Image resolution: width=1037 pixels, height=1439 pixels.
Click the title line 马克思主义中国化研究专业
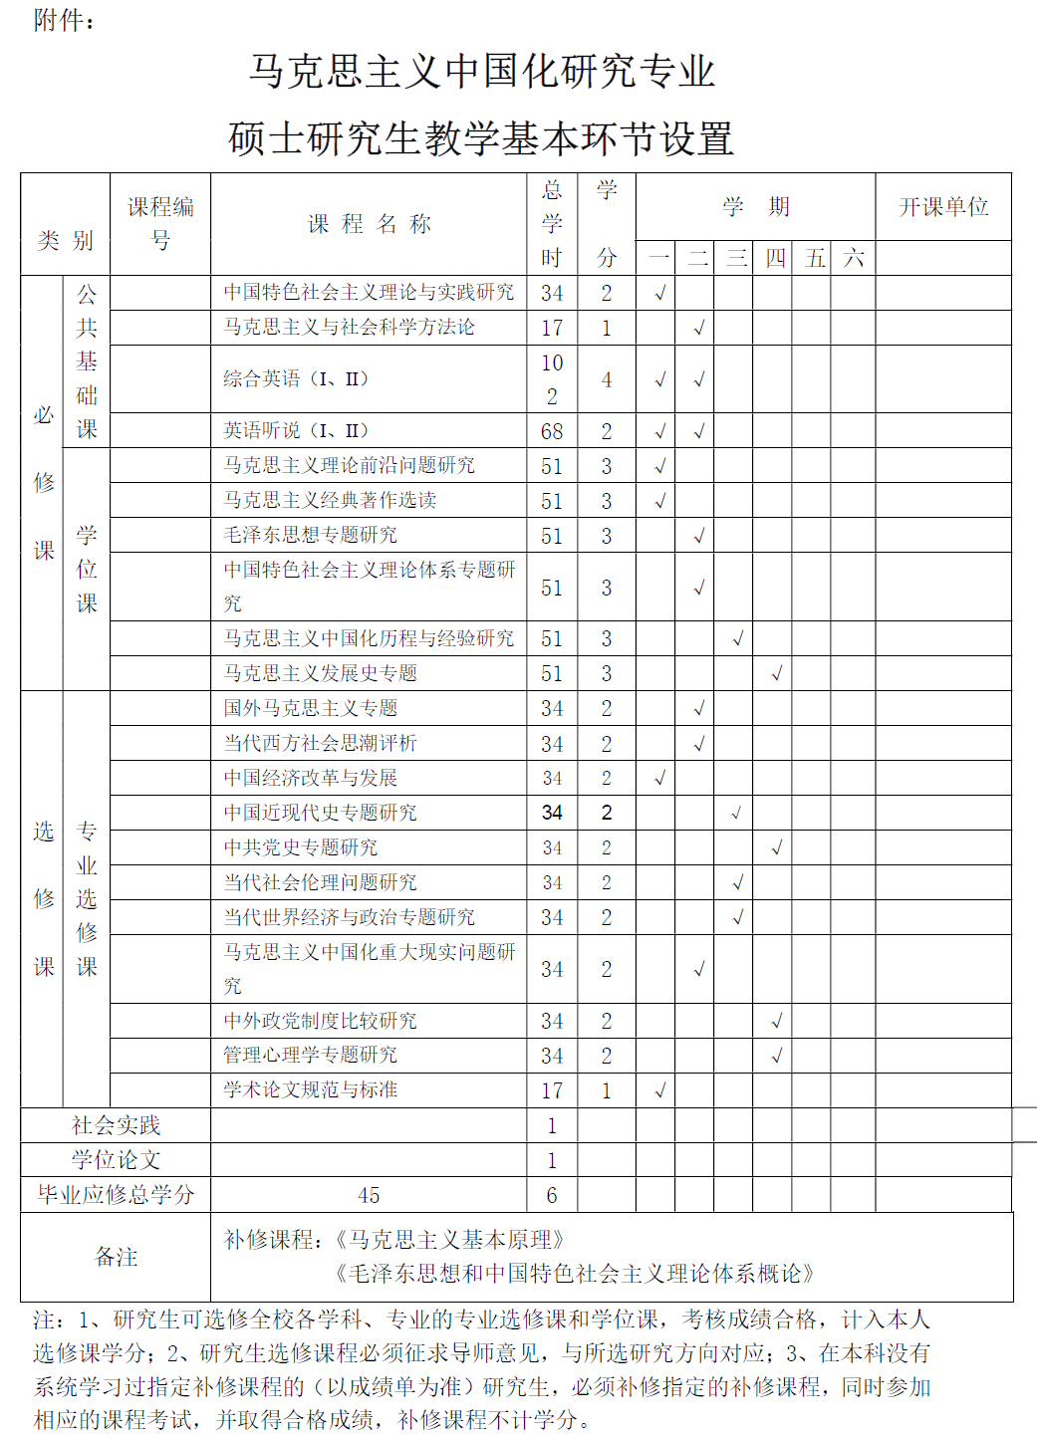(482, 72)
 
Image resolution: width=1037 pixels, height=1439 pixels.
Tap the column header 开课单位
(943, 207)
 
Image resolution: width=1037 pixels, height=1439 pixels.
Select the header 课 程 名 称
(369, 224)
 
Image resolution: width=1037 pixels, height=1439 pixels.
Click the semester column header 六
(854, 259)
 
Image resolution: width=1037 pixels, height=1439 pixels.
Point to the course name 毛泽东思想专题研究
(310, 536)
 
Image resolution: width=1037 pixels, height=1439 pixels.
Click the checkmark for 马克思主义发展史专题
(776, 674)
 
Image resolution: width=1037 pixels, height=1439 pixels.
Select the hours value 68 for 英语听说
(552, 432)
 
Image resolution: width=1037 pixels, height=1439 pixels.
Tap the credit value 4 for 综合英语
(606, 379)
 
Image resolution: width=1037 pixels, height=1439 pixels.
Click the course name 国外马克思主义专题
(310, 709)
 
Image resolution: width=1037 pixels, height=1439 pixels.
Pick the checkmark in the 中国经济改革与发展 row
(659, 778)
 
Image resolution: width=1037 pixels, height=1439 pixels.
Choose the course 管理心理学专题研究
(310, 1056)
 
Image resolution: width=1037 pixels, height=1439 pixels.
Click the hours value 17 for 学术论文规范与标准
(552, 1091)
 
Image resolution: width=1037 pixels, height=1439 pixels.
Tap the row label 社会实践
(116, 1126)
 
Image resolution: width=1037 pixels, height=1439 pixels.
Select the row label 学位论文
(116, 1160)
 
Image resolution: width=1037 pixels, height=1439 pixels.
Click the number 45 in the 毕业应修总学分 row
(369, 1195)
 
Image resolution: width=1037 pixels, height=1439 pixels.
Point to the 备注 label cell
(116, 1257)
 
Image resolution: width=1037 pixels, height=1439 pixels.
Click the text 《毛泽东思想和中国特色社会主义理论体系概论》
(576, 1274)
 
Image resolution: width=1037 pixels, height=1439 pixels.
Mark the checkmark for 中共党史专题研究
(776, 848)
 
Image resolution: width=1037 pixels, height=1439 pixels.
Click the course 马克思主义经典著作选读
(330, 501)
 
